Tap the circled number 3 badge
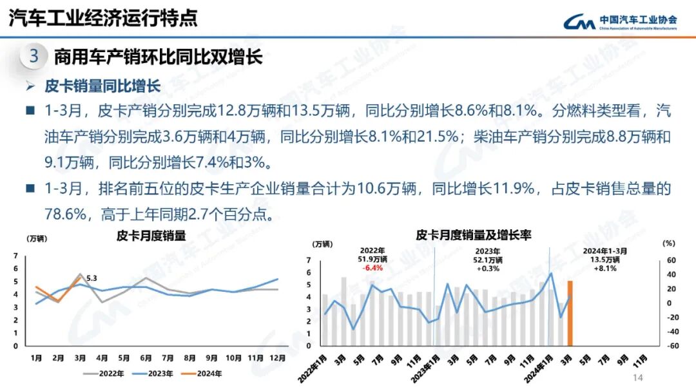[x=34, y=57]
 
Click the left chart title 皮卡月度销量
[x=151, y=236]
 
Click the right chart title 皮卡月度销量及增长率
[x=474, y=235]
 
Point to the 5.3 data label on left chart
[x=92, y=278]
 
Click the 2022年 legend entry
[x=108, y=373]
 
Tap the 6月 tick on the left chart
[x=146, y=357]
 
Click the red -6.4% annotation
[x=372, y=268]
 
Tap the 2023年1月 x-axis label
[x=425, y=366]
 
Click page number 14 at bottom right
[x=639, y=377]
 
